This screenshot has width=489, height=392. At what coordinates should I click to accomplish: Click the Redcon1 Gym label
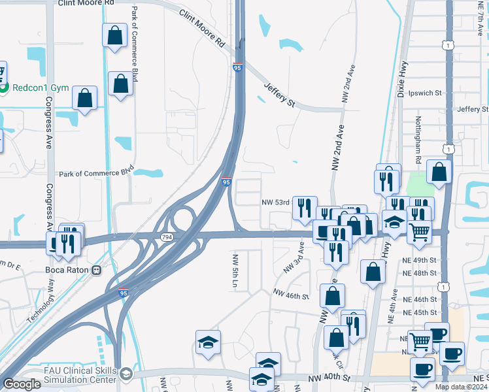(36, 87)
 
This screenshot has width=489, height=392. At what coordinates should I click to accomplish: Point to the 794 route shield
(167, 237)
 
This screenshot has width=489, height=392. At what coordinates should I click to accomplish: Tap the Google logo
(22, 384)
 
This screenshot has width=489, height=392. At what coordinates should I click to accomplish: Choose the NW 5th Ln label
(234, 272)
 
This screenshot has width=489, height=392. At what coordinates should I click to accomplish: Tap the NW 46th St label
(291, 296)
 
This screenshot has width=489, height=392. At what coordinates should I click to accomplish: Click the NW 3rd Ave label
(294, 257)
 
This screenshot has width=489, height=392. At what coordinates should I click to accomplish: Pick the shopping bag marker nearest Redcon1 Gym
(84, 98)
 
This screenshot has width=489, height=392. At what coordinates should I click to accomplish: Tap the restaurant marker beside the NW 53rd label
(305, 208)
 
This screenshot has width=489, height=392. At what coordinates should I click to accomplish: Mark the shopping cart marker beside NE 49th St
(419, 231)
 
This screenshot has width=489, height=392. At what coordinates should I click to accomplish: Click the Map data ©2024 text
(462, 387)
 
